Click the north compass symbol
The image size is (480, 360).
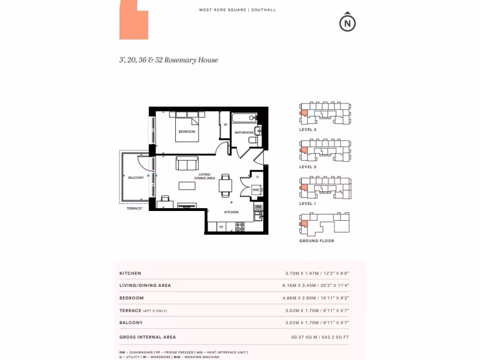click(347, 22)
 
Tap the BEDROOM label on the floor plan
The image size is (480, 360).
click(187, 132)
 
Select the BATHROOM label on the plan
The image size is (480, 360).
click(244, 133)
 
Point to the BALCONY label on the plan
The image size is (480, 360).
click(136, 178)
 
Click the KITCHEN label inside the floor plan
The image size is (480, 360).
click(231, 212)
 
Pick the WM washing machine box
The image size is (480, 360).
click(255, 190)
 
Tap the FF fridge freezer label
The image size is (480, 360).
click(222, 227)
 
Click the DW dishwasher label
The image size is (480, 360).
click(258, 207)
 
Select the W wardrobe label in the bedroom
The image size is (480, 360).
click(225, 125)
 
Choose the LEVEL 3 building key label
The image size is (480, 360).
click(308, 129)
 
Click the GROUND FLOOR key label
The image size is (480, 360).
click(317, 241)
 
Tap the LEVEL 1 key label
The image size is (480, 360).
click(308, 204)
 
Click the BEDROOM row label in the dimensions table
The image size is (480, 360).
click(132, 298)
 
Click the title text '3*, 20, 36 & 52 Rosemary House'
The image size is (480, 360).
click(169, 60)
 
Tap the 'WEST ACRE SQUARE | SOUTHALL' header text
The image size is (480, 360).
click(237, 10)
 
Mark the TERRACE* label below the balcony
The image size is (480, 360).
click(135, 208)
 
